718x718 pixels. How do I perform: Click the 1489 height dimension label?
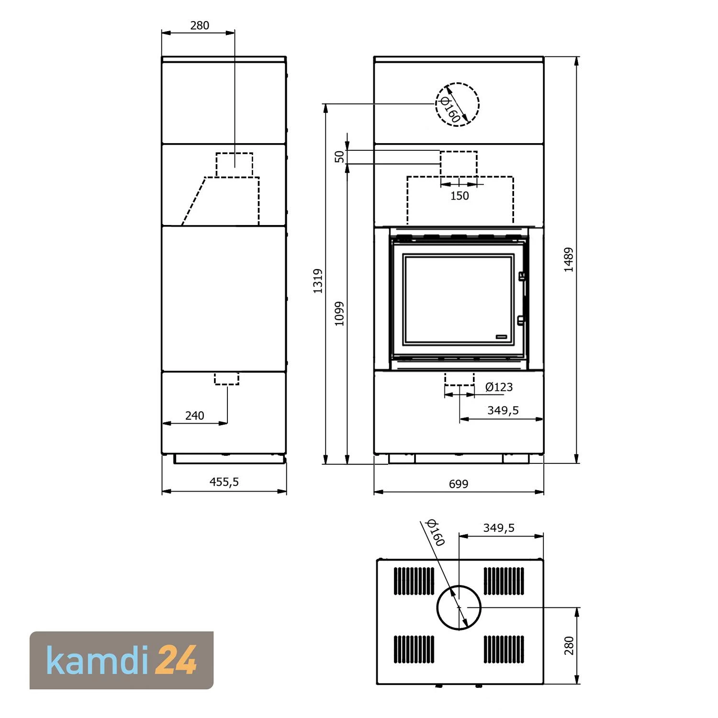click(x=569, y=260)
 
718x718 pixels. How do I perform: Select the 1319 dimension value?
click(x=318, y=281)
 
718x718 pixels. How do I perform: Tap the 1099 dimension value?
click(x=339, y=314)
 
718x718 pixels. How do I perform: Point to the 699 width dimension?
click(x=459, y=484)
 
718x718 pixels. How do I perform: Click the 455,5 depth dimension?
click(x=224, y=482)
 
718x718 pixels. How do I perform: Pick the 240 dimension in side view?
click(x=194, y=415)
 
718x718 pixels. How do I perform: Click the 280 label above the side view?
click(x=200, y=25)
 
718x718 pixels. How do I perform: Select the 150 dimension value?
click(x=460, y=196)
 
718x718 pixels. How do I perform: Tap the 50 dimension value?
click(x=339, y=157)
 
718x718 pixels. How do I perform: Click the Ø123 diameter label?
click(x=499, y=387)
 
